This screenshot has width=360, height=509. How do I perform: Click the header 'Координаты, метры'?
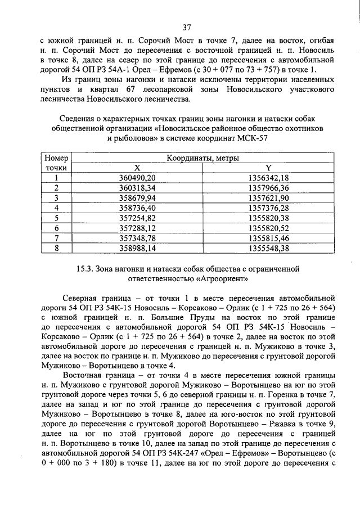(202, 158)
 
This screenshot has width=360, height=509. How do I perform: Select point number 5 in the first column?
(56, 217)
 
